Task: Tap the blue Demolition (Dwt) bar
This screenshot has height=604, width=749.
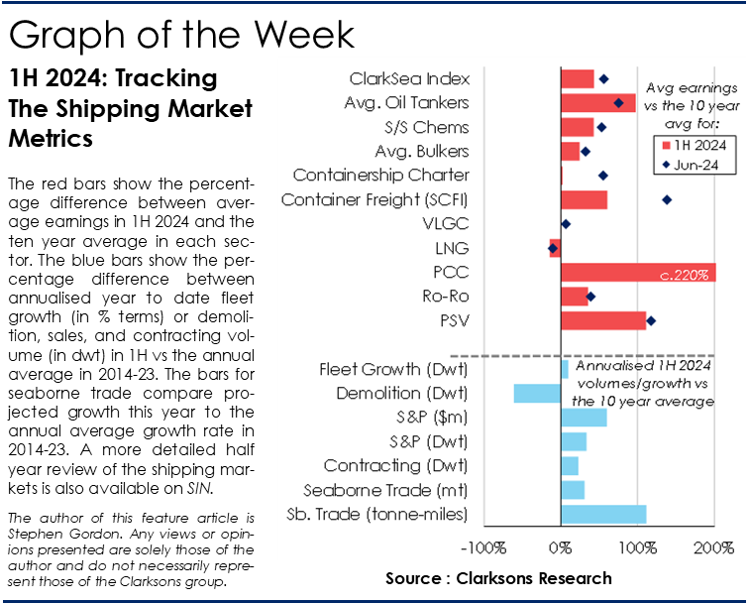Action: tap(537, 394)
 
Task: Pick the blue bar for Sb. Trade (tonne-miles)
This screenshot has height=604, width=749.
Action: tap(603, 514)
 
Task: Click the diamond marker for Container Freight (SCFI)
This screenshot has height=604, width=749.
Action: tap(667, 200)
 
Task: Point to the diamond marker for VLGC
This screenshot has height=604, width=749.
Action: tap(566, 224)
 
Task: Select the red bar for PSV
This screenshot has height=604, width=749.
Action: tap(602, 320)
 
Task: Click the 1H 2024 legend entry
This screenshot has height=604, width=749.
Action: tap(694, 145)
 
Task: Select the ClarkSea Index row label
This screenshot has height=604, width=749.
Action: tap(409, 79)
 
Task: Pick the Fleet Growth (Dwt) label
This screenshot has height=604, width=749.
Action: tap(393, 370)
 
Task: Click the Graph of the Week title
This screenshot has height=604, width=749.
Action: tap(180, 35)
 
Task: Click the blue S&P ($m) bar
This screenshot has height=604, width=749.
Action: tap(584, 418)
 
